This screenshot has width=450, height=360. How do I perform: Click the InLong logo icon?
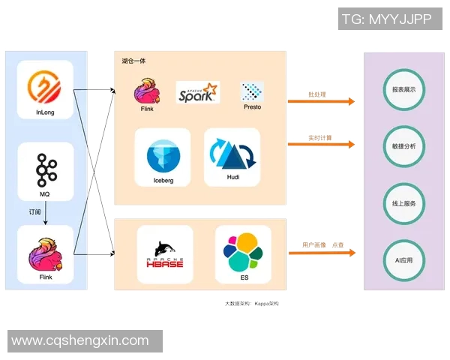click(x=45, y=88)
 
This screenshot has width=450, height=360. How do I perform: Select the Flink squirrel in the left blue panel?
click(x=45, y=250)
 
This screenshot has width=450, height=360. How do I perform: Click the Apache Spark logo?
click(x=198, y=93)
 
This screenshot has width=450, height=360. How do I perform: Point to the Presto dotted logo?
click(x=252, y=91)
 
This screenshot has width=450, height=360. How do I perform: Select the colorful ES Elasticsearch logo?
click(x=244, y=252)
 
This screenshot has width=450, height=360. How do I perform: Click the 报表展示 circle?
click(x=403, y=89)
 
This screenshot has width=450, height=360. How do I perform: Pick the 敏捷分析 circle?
click(x=403, y=146)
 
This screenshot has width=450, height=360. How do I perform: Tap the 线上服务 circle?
click(x=403, y=203)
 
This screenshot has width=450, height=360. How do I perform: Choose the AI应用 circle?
click(x=403, y=260)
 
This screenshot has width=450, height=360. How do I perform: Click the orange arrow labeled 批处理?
click(x=321, y=102)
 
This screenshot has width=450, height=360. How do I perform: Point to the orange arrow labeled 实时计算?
click(x=321, y=145)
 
